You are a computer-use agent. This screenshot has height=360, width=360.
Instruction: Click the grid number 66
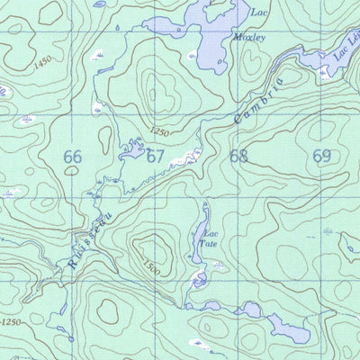[x=73, y=157]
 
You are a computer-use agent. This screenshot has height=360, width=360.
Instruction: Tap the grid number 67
[x=156, y=156]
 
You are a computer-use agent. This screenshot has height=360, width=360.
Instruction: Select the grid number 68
[x=238, y=155]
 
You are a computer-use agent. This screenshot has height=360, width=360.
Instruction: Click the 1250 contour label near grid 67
[x=158, y=132]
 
